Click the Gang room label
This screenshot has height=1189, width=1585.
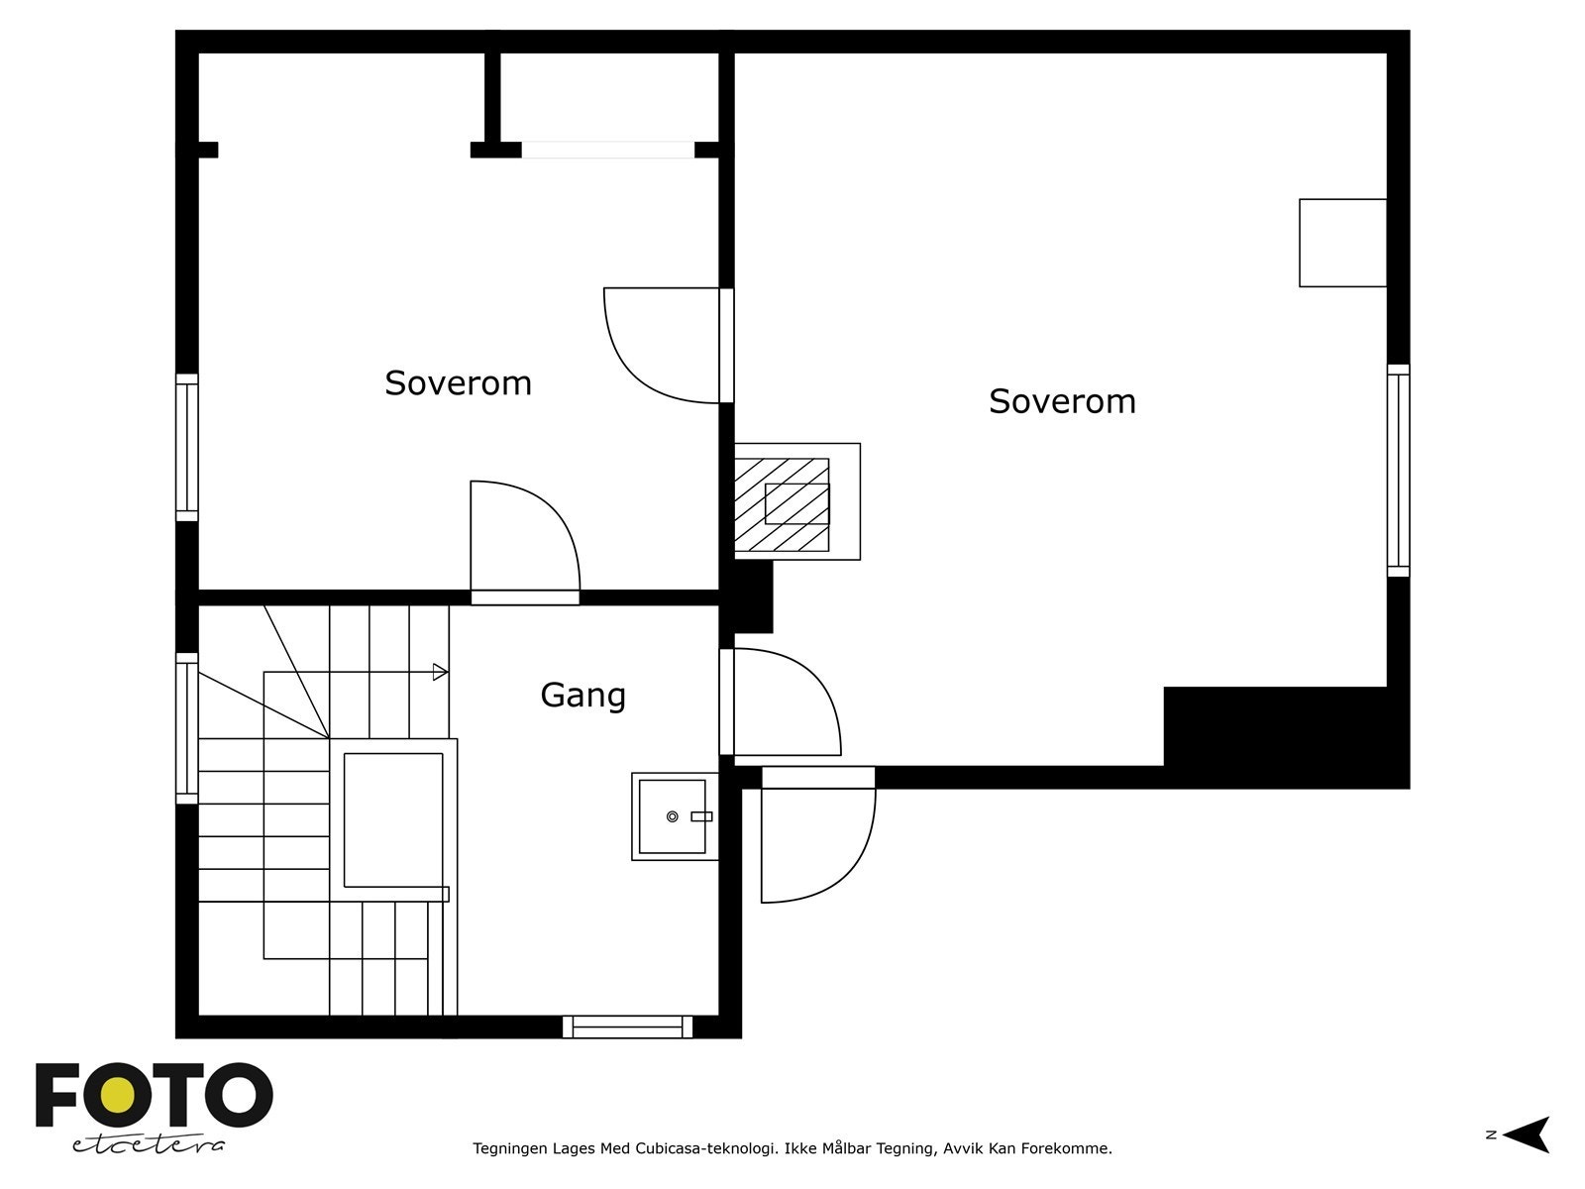[582, 696]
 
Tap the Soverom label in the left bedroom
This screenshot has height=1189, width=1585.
[458, 382]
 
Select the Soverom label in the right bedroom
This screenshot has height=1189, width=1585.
[1062, 401]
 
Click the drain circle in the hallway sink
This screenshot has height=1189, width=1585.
[673, 816]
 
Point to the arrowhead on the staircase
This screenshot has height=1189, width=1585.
[440, 672]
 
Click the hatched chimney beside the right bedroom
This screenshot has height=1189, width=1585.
[782, 504]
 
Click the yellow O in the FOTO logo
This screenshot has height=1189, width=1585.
[117, 1096]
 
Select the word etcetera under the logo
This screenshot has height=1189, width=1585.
[148, 1145]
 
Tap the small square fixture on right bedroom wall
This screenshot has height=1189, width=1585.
[1342, 243]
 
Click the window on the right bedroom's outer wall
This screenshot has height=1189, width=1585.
[1398, 471]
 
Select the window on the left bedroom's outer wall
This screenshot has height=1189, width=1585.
[187, 448]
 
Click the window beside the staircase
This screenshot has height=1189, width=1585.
[187, 728]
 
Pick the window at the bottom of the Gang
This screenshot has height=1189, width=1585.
[627, 1027]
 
